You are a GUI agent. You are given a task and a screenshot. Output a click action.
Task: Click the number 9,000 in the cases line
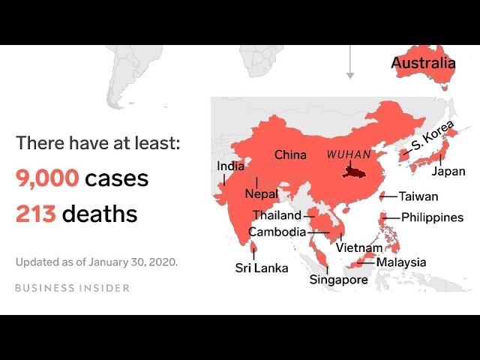coord(47,178)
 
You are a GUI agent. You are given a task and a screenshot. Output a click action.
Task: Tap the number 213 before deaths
coord(35,214)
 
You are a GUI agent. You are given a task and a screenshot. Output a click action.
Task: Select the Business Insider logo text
coord(72,288)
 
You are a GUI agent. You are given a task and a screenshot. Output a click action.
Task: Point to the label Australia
coord(423,63)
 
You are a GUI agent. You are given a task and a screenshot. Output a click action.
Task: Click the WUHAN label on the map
coord(349,154)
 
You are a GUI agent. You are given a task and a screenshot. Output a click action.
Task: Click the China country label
coord(290,155)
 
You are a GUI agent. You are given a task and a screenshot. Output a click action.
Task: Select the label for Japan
coord(448,171)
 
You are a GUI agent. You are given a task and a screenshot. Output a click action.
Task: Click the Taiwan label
coord(418,196)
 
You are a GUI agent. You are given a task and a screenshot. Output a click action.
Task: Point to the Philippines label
coord(432,217)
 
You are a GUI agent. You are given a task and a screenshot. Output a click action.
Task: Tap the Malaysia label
coord(400,262)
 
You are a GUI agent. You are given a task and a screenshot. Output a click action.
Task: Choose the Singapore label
coord(339,280)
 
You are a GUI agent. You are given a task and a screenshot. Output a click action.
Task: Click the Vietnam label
coord(359,248)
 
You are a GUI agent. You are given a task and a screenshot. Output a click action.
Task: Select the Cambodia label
coord(277,232)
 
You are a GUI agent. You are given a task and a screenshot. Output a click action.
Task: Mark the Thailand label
coord(277,215)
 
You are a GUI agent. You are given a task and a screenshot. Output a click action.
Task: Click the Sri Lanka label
coord(261,268)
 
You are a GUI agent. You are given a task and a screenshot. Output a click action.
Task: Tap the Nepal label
coord(261,194)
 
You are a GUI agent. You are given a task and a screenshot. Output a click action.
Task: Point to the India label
coord(230,166)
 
